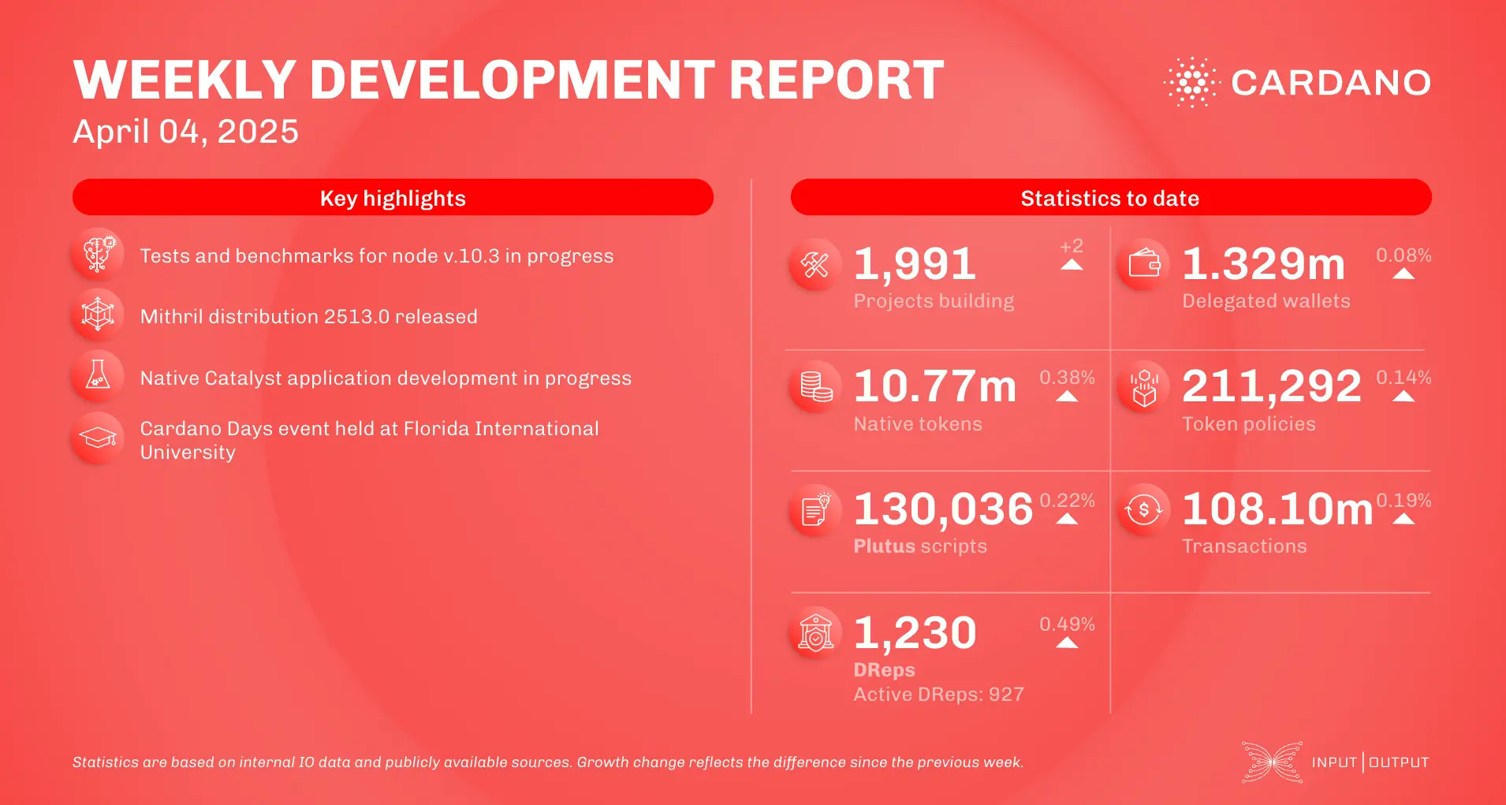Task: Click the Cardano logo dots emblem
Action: pyautogui.click(x=1191, y=82)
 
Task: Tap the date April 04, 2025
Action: pyautogui.click(x=185, y=132)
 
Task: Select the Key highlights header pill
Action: pyautogui.click(x=393, y=198)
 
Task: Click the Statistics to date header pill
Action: pyautogui.click(x=1110, y=198)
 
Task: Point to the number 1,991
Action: pyautogui.click(x=915, y=264)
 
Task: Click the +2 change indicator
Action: pyautogui.click(x=1071, y=247)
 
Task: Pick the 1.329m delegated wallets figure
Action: pyautogui.click(x=1263, y=264)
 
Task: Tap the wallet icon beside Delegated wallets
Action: pyautogui.click(x=1143, y=264)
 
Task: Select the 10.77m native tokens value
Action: pyautogui.click(x=935, y=386)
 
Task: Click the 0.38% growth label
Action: pyautogui.click(x=1067, y=378)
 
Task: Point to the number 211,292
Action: pyautogui.click(x=1271, y=386)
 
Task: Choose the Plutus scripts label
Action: pyautogui.click(x=920, y=546)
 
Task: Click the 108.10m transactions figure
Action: pyautogui.click(x=1277, y=509)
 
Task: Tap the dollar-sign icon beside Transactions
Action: pyautogui.click(x=1143, y=510)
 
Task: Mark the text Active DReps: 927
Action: pyautogui.click(x=938, y=695)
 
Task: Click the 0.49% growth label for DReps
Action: pyautogui.click(x=1067, y=624)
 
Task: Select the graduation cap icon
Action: pyautogui.click(x=98, y=438)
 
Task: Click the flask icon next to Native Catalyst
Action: pyautogui.click(x=98, y=375)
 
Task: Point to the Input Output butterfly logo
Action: pyautogui.click(x=1272, y=762)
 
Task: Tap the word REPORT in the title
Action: pyautogui.click(x=836, y=80)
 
